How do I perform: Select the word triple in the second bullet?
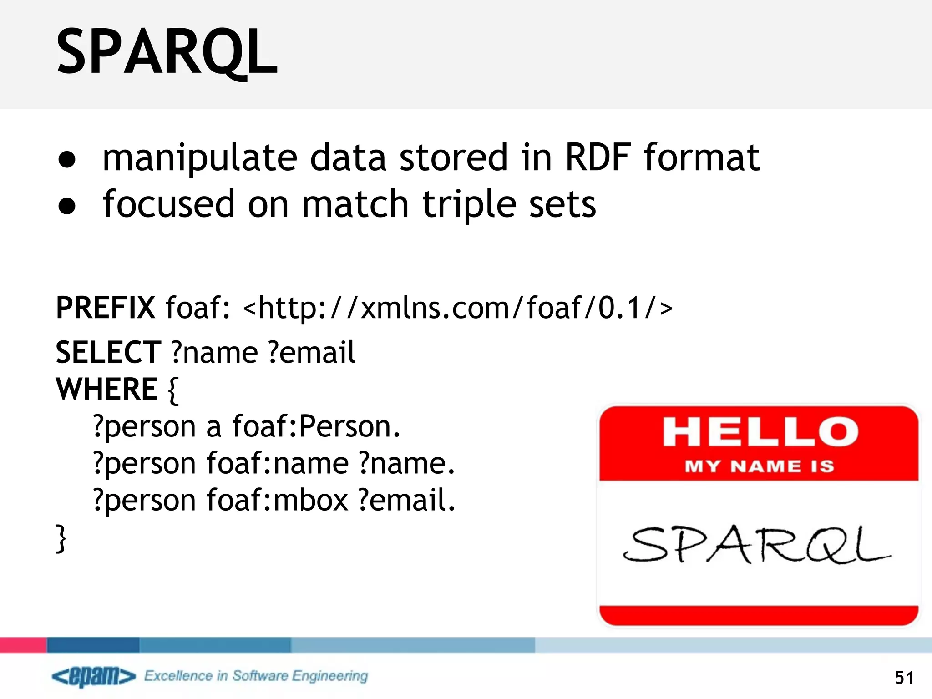click(469, 205)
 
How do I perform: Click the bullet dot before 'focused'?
click(67, 206)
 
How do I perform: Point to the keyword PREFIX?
click(106, 308)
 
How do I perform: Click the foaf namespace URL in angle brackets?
click(458, 308)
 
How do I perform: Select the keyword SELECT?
click(108, 353)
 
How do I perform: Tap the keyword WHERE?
click(106, 390)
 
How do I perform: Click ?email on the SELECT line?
click(312, 353)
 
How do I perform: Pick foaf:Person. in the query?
click(316, 427)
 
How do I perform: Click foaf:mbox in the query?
click(277, 500)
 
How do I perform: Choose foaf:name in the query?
click(278, 464)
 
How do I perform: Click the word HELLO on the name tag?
click(760, 432)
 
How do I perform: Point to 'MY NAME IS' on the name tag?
click(760, 466)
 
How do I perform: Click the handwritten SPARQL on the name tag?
click(756, 545)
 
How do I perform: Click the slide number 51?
click(904, 678)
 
